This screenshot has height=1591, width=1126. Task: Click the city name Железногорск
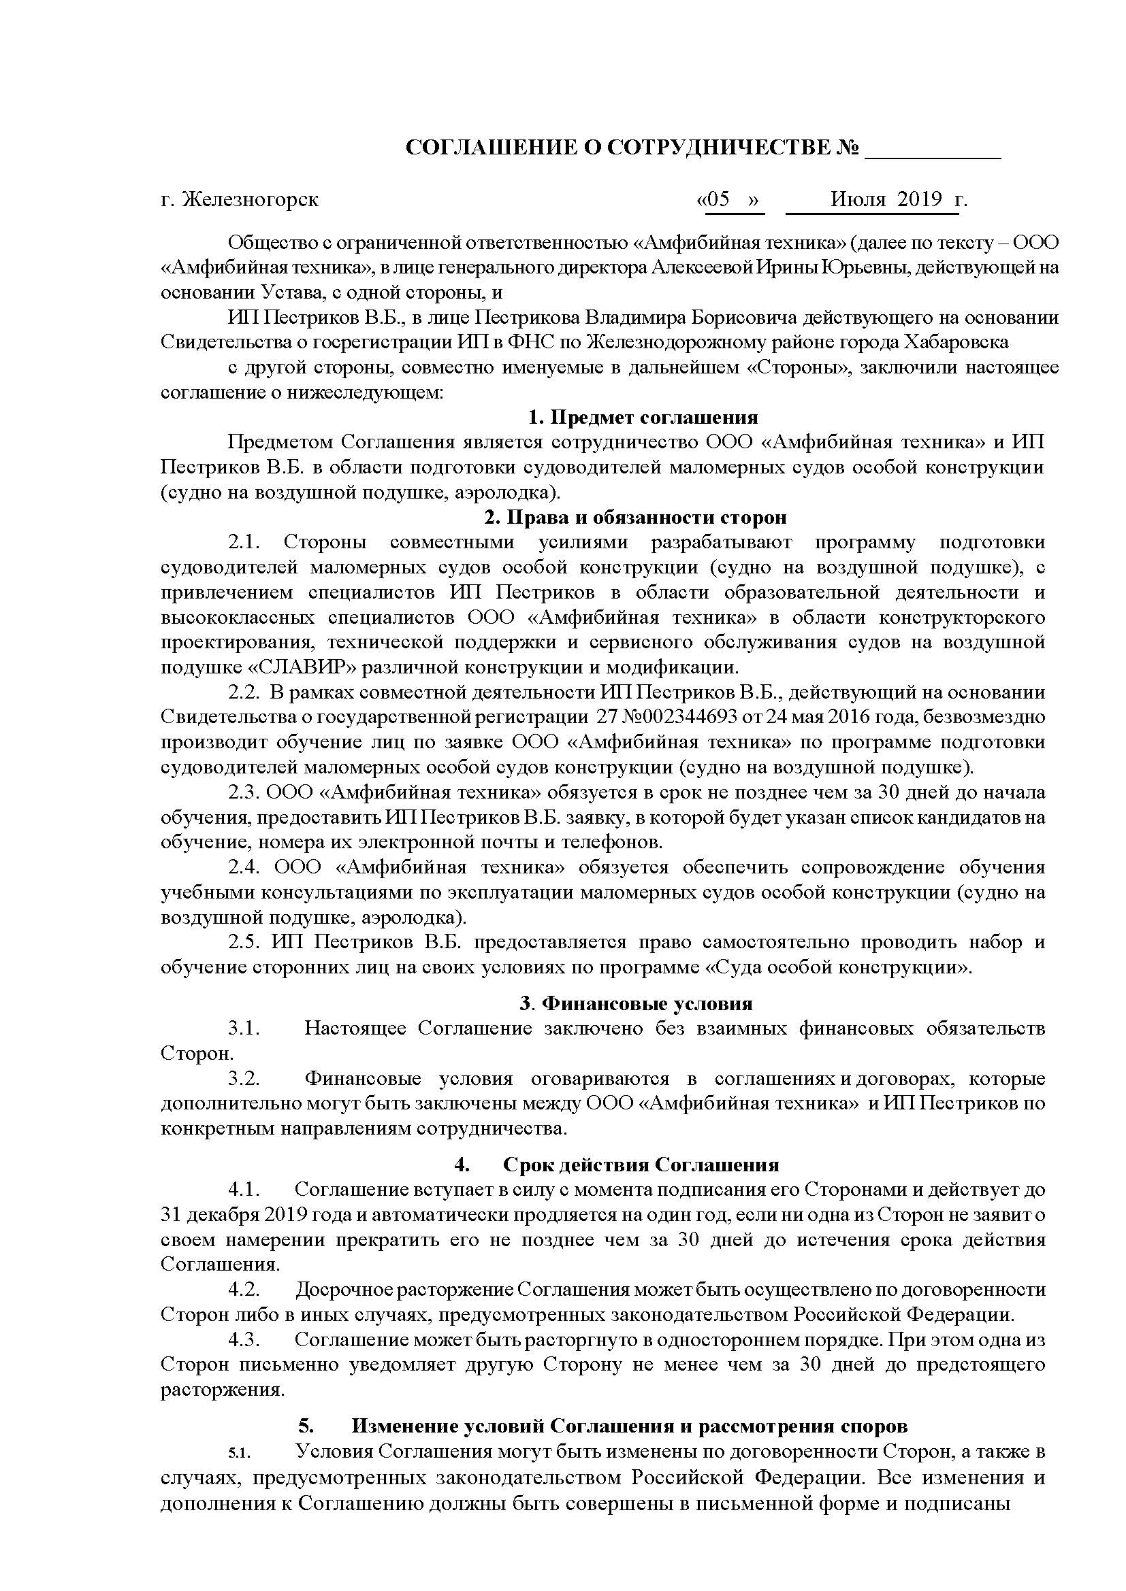(250, 199)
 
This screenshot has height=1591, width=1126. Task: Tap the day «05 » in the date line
(729, 199)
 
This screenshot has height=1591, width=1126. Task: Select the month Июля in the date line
(858, 199)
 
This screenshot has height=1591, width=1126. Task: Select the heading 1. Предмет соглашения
(643, 418)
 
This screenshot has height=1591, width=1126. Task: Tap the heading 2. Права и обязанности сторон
(636, 518)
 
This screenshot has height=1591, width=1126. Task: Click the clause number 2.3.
(244, 792)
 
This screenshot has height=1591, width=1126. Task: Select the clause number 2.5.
(244, 941)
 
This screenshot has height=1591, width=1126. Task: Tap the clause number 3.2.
(244, 1079)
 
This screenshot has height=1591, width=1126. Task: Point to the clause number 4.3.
(244, 1339)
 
